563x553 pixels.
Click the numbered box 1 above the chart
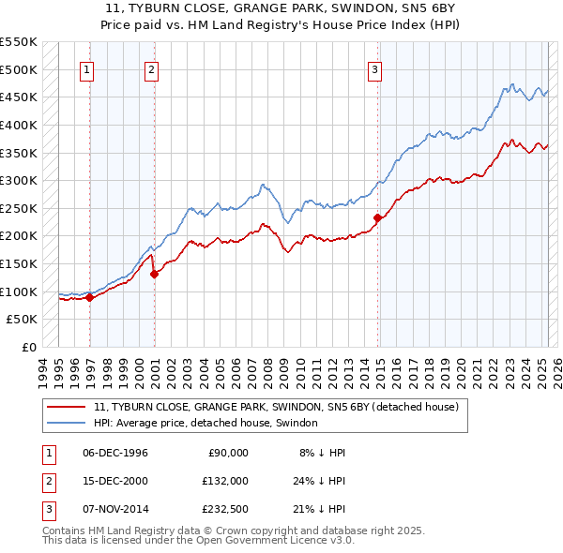pyautogui.click(x=86, y=68)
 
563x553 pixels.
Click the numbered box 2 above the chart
pyautogui.click(x=151, y=68)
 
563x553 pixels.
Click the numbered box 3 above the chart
pyautogui.click(x=374, y=68)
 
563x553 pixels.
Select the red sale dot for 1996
pyautogui.click(x=90, y=297)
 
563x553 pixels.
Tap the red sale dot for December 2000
pyautogui.click(x=155, y=274)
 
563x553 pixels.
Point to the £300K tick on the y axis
pyautogui.click(x=19, y=180)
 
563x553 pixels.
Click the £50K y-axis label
pyautogui.click(x=23, y=320)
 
